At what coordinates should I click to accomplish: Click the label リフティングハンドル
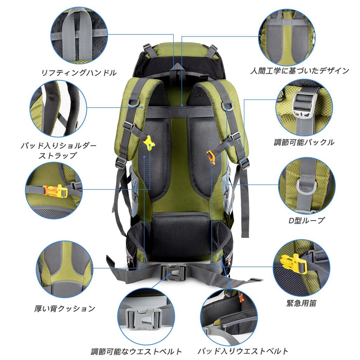79,73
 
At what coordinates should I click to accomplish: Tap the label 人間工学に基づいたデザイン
300,70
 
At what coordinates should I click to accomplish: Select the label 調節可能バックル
304,142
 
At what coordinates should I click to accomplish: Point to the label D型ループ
306,220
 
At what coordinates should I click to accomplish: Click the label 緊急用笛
301,303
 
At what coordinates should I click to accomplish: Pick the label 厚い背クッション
65,308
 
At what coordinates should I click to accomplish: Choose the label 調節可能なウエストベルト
136,351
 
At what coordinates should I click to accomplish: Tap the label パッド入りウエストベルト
243,351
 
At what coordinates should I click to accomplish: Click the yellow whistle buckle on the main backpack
149,143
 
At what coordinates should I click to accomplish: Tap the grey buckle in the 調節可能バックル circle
303,105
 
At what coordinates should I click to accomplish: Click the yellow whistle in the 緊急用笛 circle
294,263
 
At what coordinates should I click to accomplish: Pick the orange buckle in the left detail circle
55,191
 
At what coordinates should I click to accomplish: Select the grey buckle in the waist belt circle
144,319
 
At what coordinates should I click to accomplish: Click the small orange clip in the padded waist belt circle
241,297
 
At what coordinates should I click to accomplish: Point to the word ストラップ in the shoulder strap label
57,155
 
